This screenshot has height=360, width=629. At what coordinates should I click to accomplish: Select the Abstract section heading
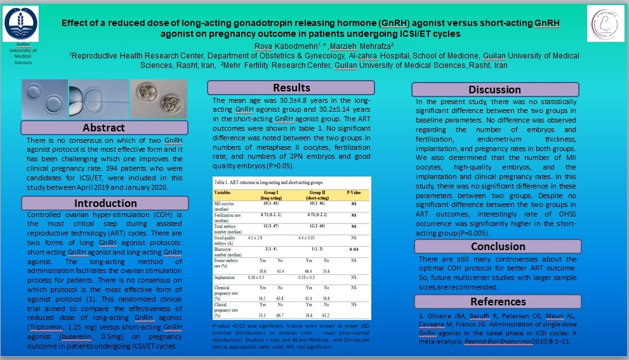pos(103,128)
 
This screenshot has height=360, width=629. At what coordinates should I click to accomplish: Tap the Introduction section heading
pos(105,203)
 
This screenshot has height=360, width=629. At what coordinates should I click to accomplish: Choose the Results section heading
pos(291,88)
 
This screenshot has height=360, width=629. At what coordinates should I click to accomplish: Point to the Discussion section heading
pos(494,90)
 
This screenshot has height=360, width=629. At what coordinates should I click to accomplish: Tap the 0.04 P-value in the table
pos(354,251)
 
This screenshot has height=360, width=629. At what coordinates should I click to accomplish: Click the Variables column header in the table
pos(227,190)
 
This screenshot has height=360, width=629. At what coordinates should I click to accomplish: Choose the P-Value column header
pos(354,190)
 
